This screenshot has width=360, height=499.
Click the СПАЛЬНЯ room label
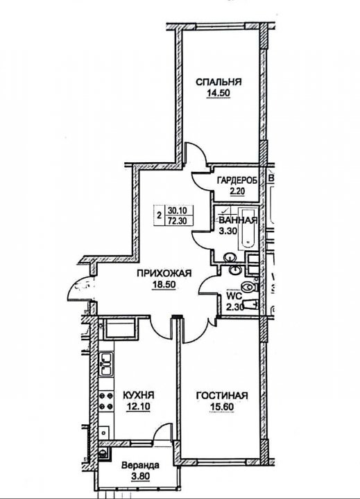click(x=218, y=82)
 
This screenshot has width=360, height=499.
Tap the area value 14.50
click(x=218, y=94)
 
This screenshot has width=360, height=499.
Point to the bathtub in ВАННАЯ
click(x=248, y=228)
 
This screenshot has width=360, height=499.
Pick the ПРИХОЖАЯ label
click(x=164, y=273)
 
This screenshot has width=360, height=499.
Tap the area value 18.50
click(x=164, y=285)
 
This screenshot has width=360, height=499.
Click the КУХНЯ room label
click(x=139, y=395)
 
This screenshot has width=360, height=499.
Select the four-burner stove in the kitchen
click(x=106, y=401)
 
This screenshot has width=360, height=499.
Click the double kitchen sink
click(x=106, y=364)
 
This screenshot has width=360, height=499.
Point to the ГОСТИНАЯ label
click(x=222, y=396)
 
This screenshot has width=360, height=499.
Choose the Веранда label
click(x=141, y=466)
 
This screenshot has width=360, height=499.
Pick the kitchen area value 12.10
click(x=139, y=406)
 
